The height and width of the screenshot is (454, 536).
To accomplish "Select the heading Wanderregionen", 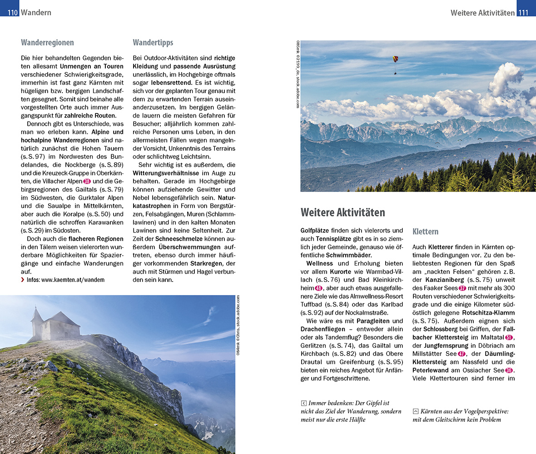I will pos(47,43).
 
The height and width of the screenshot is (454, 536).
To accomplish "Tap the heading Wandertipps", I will pos(153,43).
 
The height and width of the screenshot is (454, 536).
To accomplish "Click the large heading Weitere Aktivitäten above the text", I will pos(342,212).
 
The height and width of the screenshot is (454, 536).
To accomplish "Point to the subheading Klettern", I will pos(425,232).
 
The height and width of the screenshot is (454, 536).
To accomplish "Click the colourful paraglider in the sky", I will pos(396,60).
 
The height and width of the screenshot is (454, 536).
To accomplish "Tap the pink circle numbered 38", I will pos(87,181).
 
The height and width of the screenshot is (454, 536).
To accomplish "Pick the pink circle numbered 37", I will pos(462,288).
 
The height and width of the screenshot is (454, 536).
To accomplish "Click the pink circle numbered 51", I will pos(509,337).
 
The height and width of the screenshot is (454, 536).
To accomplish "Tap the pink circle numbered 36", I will pos(509,370).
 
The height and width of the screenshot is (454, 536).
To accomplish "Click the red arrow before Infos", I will pos(23,280).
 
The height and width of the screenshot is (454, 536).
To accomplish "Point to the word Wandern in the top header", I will pos(36,13).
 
